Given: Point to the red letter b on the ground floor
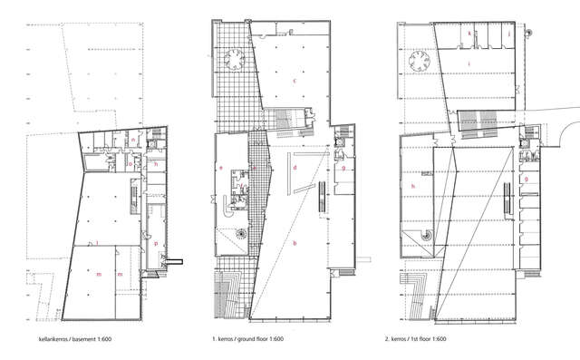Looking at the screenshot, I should coord(295,242).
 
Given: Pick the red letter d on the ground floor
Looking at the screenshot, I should coord(295,168).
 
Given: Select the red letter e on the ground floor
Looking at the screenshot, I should coord(221,168).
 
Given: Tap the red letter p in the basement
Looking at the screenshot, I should coord(156,243).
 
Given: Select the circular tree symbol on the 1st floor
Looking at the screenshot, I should coord(420,60).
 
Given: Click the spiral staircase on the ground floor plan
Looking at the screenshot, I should coord(242,234).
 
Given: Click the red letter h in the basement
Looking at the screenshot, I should coord(157,164).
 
